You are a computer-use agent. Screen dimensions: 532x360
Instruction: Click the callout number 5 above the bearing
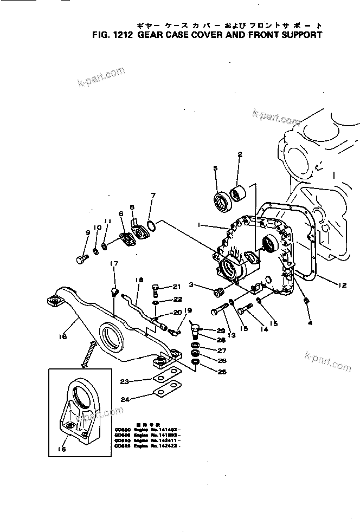tap(215, 168)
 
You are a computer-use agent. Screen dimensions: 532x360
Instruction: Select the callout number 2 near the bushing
tap(239, 155)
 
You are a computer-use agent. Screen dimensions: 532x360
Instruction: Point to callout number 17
tap(114, 264)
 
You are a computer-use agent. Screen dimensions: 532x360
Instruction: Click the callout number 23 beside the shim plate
tap(124, 381)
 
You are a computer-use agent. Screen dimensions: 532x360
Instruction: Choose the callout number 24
tap(124, 400)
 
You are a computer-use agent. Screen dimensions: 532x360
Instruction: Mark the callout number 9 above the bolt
tap(87, 233)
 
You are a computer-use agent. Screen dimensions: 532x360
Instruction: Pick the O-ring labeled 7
tap(153, 224)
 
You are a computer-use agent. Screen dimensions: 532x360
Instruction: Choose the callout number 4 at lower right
tap(310, 323)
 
